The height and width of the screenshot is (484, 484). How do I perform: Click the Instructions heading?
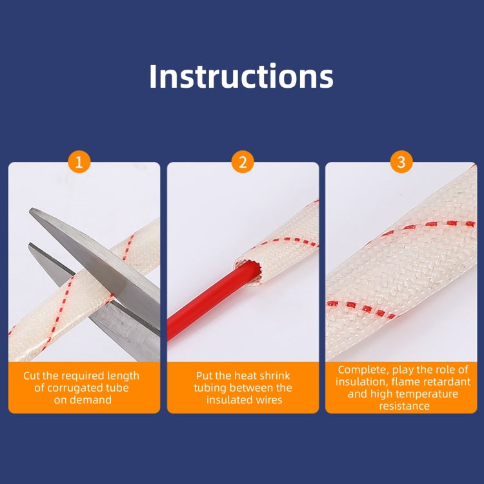point(241,76)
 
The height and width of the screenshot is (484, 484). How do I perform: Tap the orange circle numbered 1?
point(79,162)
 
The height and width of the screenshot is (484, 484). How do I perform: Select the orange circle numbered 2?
point(243,162)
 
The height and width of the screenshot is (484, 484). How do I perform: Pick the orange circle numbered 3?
point(401,162)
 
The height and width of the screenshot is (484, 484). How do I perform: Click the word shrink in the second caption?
point(276,376)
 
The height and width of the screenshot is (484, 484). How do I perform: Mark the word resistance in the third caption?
point(405,406)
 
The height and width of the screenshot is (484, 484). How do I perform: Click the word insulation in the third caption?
point(361,382)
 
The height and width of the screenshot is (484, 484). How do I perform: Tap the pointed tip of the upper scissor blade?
point(30,210)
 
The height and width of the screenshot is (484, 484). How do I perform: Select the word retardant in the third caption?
point(447,382)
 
